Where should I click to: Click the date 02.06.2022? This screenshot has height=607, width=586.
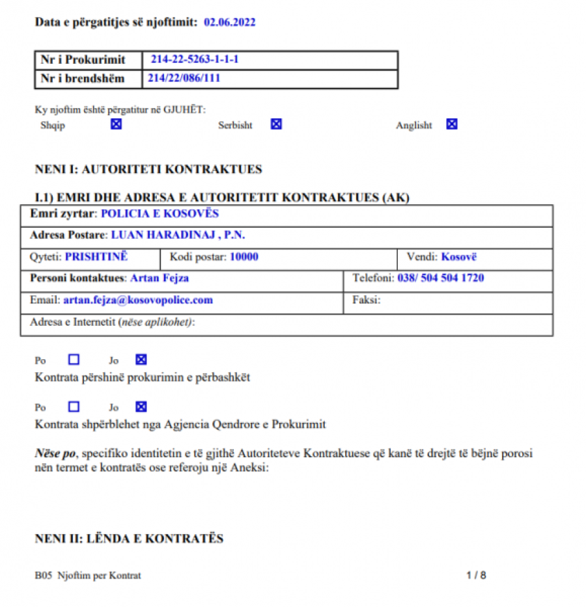click(229, 22)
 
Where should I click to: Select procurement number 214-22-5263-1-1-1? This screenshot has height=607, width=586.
click(195, 59)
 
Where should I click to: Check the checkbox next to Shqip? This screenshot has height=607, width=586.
click(116, 124)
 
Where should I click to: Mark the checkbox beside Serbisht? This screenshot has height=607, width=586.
click(276, 124)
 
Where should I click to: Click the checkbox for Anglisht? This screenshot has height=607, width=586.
click(452, 124)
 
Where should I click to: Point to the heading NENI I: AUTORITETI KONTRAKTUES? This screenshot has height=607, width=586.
click(148, 169)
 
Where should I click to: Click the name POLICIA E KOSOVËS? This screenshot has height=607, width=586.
click(160, 213)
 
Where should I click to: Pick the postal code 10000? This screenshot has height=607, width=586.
click(244, 256)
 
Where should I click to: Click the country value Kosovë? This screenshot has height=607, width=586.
click(458, 256)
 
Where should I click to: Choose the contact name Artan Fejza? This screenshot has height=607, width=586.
click(160, 278)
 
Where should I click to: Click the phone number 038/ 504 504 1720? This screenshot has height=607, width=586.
click(441, 278)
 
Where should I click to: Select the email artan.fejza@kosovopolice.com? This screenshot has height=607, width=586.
click(138, 301)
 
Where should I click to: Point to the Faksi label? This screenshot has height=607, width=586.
click(366, 301)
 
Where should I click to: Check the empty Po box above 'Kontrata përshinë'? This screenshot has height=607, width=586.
click(74, 359)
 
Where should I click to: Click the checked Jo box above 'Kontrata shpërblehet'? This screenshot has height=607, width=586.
click(141, 407)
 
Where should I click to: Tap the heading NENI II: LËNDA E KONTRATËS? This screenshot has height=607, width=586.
click(129, 538)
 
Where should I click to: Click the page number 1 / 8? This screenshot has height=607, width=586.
click(477, 575)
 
